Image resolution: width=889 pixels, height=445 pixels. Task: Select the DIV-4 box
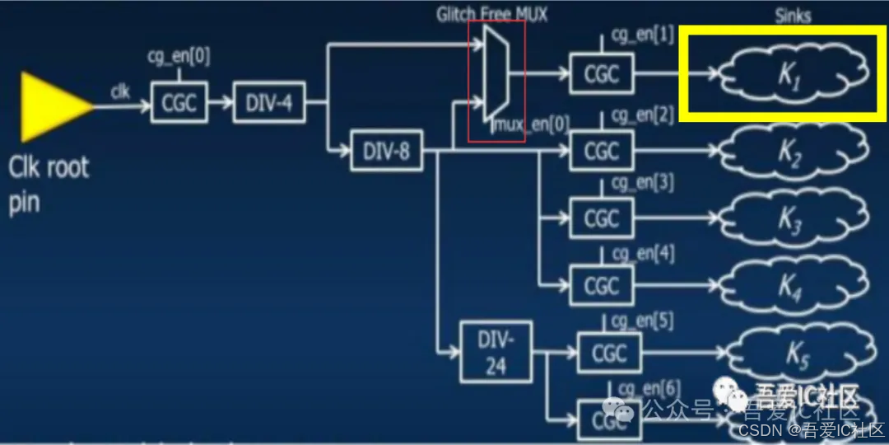coord(268,104)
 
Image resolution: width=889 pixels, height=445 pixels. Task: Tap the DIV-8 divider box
coord(386,151)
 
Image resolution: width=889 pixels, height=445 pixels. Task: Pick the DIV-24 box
coord(495,353)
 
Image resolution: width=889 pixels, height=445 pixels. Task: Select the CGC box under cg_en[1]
coord(602,75)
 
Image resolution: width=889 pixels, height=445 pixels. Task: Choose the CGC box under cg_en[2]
coord(602,152)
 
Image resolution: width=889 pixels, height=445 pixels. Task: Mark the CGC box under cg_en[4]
coord(602,285)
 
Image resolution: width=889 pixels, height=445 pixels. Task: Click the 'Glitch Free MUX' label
coord(491,14)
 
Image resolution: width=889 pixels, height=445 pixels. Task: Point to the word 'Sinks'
coord(793,16)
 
